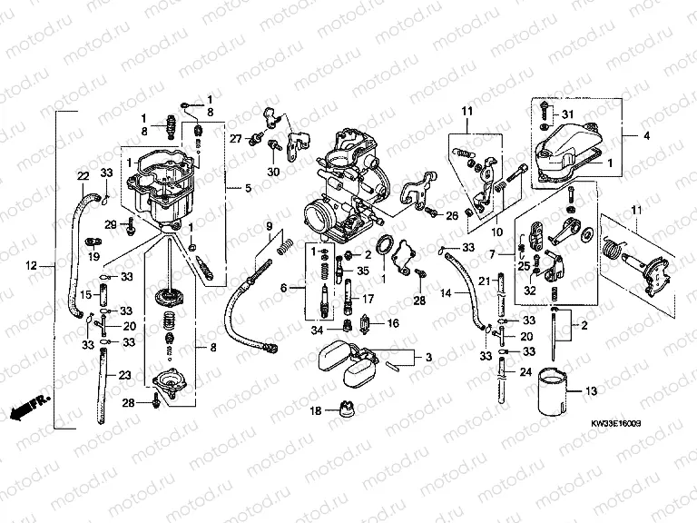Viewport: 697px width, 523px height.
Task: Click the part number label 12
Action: point(30,266)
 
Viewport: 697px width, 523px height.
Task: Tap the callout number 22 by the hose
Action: point(82,176)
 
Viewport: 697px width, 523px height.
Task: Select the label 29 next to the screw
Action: point(110,224)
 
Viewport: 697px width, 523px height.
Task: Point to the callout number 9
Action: point(269,225)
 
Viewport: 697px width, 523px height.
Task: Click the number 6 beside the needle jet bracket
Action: point(283,287)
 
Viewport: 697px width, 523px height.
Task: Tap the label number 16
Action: point(393,322)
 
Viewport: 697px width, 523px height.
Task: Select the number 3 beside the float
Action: point(430,360)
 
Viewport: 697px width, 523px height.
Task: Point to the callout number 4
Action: point(647,136)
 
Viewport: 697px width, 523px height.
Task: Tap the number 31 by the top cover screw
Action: point(567,113)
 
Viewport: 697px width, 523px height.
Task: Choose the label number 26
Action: point(452,214)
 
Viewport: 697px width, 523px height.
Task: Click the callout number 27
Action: point(235,139)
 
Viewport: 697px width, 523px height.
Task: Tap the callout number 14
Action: point(446,294)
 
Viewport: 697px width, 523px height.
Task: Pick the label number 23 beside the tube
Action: point(124,375)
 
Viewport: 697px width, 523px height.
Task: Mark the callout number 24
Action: point(526,372)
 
